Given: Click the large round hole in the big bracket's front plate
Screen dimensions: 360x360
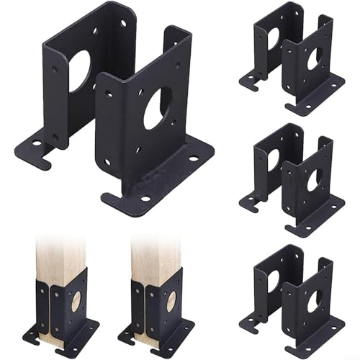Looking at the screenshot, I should point(157,108).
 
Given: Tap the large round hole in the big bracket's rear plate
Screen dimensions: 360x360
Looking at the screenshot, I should point(78,71).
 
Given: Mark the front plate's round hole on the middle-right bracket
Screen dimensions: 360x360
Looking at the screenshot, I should point(314,180).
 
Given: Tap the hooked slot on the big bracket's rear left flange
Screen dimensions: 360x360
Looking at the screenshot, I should point(33,153).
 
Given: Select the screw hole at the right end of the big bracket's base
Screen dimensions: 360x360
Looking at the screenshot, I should point(193,158).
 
